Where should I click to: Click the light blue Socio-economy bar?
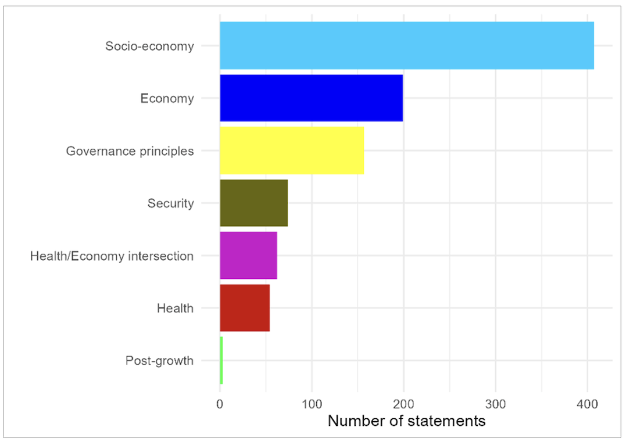[x=406, y=45]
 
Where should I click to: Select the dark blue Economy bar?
[x=311, y=98]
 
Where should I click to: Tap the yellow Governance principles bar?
[x=291, y=150]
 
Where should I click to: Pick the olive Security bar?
[x=253, y=203]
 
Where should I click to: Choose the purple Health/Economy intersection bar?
[x=248, y=256]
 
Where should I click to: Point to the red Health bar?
[x=245, y=308]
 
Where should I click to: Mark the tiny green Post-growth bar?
[x=221, y=360]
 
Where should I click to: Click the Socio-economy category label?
[x=149, y=46]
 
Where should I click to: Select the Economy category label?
[x=167, y=98]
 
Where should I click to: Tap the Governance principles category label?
[x=130, y=151]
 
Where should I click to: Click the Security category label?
[x=170, y=203]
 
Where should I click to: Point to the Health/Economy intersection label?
[x=112, y=256]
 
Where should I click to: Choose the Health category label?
[x=175, y=308]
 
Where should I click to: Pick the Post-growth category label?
[x=159, y=361]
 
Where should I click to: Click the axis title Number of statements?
[x=406, y=421]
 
